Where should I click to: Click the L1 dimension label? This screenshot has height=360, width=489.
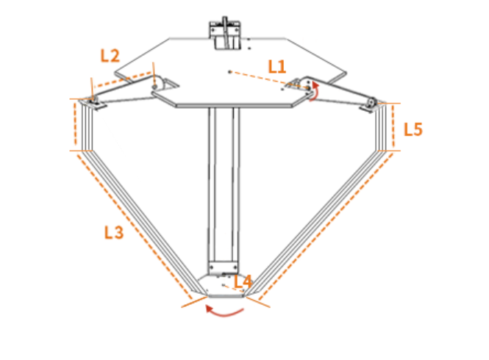point(277,67)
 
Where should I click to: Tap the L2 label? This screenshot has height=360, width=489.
point(110,56)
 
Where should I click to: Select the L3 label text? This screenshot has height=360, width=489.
point(114,232)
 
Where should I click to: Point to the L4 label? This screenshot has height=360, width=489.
point(243,281)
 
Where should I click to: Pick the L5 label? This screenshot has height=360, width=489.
point(413,129)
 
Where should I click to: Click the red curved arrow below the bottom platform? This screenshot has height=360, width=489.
point(224,311)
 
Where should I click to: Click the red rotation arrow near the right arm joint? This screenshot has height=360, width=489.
point(315,91)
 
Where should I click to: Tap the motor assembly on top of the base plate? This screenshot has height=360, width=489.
point(225,33)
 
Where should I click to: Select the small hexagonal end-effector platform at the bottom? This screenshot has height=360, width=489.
point(226,286)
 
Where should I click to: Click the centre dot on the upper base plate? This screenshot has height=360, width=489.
point(230,72)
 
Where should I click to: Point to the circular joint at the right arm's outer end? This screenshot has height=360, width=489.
point(371,102)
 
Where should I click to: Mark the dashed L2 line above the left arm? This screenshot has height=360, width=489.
point(123,80)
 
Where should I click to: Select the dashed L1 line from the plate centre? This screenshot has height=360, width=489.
point(269,80)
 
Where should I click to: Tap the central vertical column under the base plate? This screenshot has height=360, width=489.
point(224,185)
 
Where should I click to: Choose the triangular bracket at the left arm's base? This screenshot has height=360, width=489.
point(165,84)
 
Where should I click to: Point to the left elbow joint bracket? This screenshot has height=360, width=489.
point(93,103)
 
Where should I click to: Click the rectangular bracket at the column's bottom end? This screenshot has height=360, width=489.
point(224,267)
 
